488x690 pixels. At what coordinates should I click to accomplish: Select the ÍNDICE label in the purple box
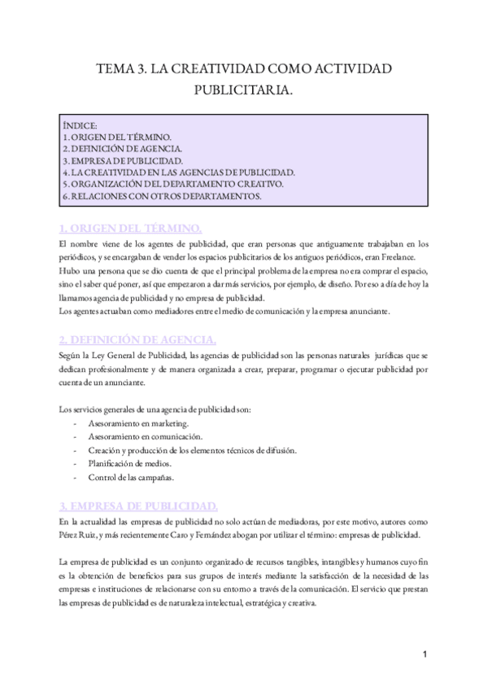tap(81, 127)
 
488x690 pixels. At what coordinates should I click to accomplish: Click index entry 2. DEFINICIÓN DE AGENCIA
tap(122, 150)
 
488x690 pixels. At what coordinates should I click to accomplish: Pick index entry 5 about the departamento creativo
tap(172, 184)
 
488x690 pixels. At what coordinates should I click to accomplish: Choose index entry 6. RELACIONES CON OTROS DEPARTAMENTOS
tap(161, 196)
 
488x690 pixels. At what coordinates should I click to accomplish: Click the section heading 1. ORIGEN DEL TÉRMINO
tap(130, 226)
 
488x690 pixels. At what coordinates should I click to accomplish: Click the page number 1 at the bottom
tap(425, 655)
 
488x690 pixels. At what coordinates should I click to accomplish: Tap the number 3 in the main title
tap(133, 71)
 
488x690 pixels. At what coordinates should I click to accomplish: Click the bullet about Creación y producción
tap(185, 450)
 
